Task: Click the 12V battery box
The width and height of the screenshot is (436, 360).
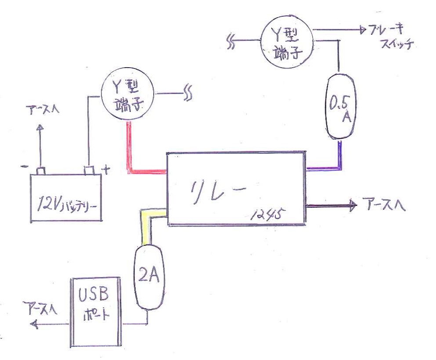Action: (x=65, y=198)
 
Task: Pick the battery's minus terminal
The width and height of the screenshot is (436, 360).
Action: (x=40, y=170)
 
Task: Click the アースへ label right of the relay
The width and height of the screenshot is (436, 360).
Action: (x=384, y=205)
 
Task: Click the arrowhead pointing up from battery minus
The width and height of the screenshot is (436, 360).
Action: (x=40, y=127)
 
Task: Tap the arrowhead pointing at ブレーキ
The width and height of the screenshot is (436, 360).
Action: (x=363, y=30)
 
